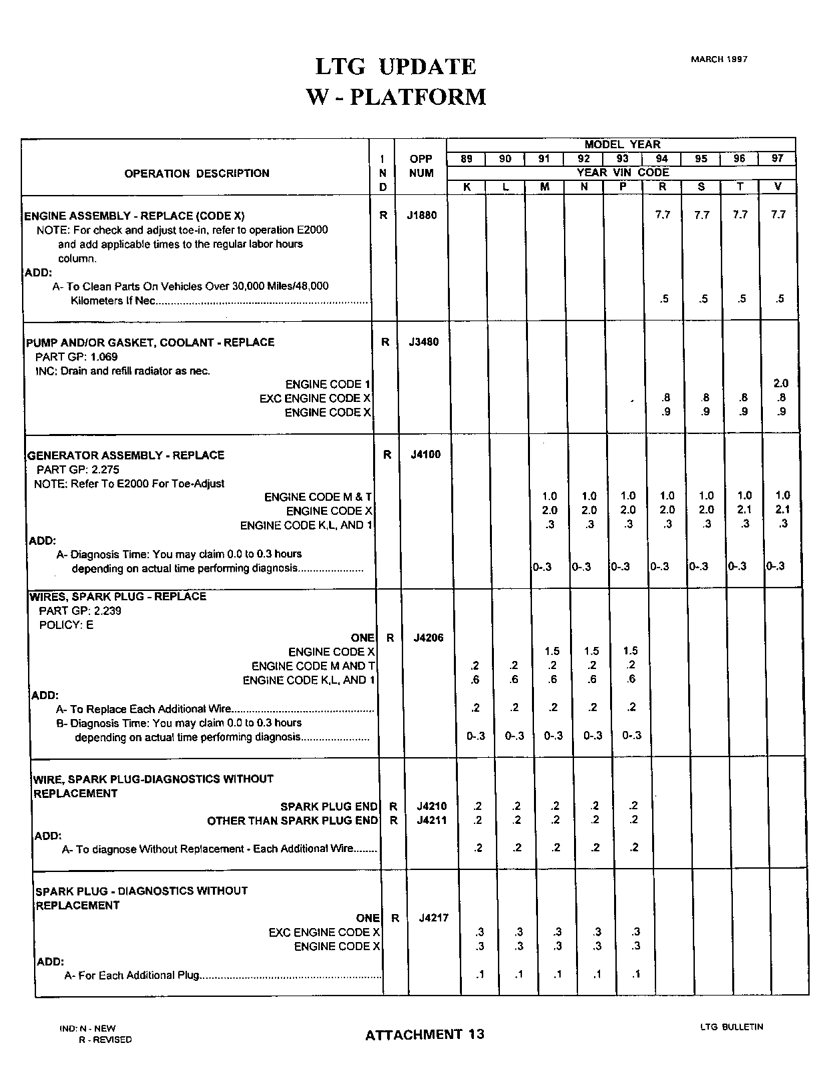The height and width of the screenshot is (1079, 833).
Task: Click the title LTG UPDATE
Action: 396,67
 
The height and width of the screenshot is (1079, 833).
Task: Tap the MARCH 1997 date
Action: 719,59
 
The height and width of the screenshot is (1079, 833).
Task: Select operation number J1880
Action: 422,215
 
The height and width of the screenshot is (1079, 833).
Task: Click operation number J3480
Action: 424,342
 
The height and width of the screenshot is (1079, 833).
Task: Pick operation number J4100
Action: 426,455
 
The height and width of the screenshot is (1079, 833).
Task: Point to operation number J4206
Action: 429,638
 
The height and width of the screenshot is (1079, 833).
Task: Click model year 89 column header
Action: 466,159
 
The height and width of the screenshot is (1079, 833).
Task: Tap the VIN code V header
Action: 778,186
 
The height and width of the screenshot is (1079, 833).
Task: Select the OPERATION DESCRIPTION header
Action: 197,174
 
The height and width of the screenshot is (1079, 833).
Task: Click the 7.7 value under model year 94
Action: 662,215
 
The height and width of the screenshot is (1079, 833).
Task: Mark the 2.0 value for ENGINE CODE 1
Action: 780,383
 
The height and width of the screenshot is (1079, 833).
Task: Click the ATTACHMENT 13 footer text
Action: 425,1034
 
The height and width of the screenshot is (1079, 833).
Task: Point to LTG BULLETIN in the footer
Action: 732,1027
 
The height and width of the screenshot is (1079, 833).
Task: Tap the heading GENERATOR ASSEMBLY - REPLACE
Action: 125,455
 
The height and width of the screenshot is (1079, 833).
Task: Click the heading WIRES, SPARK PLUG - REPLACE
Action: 118,596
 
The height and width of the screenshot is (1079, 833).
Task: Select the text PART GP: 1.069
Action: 76,357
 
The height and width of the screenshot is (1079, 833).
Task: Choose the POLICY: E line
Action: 66,625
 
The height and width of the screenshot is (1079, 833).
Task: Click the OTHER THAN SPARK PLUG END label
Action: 292,821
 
